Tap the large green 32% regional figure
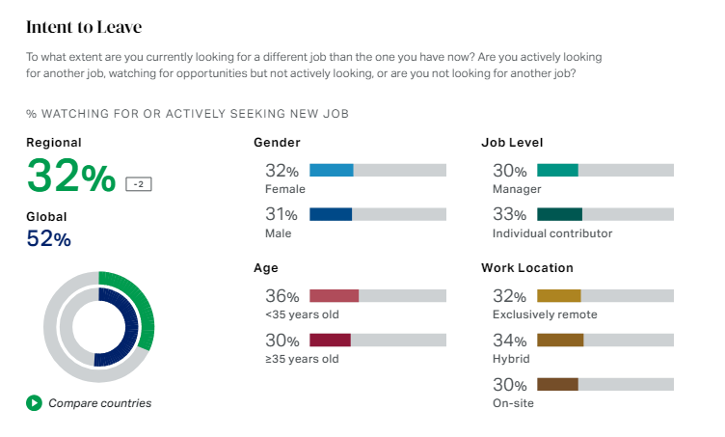coord(71,176)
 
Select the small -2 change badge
coord(139,183)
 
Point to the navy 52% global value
coord(48,238)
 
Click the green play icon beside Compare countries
coord(34,402)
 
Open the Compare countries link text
coord(100,403)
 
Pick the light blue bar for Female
coord(331,171)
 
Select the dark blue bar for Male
coord(331,214)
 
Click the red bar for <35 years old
coord(334,296)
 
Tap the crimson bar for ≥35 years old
coord(330,340)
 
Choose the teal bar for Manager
coord(557,171)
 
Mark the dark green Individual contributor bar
coord(559,214)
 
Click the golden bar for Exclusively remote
coord(558,296)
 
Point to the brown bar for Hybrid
coord(560,340)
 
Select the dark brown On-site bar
coord(557,384)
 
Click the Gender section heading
coord(277,143)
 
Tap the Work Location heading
coord(526,268)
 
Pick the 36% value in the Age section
coord(282,296)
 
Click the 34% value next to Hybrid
coord(509,341)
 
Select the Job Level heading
coord(511,143)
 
